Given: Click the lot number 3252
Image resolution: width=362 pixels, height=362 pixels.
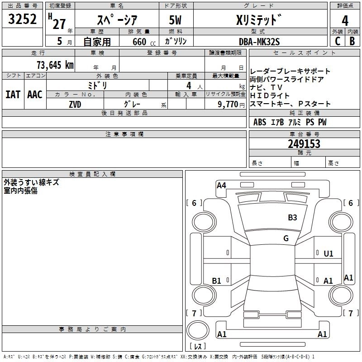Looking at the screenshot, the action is click(x=22, y=19).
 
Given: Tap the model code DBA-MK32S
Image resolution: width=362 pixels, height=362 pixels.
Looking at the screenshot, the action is click(x=259, y=42).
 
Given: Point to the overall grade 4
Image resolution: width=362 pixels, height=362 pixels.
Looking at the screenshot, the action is click(x=345, y=20).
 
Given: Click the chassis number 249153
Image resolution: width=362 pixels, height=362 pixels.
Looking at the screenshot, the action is click(x=304, y=144).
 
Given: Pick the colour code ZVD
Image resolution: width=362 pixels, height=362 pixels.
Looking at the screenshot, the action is click(x=75, y=104).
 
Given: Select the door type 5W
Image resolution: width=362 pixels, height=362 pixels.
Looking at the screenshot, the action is click(x=176, y=20).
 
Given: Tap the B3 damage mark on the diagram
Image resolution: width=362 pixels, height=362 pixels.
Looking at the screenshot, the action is click(x=293, y=218).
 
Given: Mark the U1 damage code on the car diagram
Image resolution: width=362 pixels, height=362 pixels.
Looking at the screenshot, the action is click(x=329, y=254).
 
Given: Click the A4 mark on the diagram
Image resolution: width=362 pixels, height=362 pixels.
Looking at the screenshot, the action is click(x=221, y=185).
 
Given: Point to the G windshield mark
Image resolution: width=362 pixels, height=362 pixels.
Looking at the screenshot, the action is click(x=286, y=238).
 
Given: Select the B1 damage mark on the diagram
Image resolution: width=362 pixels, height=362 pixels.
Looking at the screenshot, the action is click(x=216, y=281).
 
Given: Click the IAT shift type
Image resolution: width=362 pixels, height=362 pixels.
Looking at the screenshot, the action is click(x=13, y=95).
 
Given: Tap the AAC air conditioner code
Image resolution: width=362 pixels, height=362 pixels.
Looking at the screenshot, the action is click(x=35, y=95).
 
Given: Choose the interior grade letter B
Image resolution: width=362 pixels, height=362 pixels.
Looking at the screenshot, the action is click(x=352, y=41).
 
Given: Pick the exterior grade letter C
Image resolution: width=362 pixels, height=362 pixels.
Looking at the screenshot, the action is click(x=337, y=41).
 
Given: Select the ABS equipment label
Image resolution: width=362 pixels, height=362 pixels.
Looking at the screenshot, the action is click(x=260, y=122).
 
